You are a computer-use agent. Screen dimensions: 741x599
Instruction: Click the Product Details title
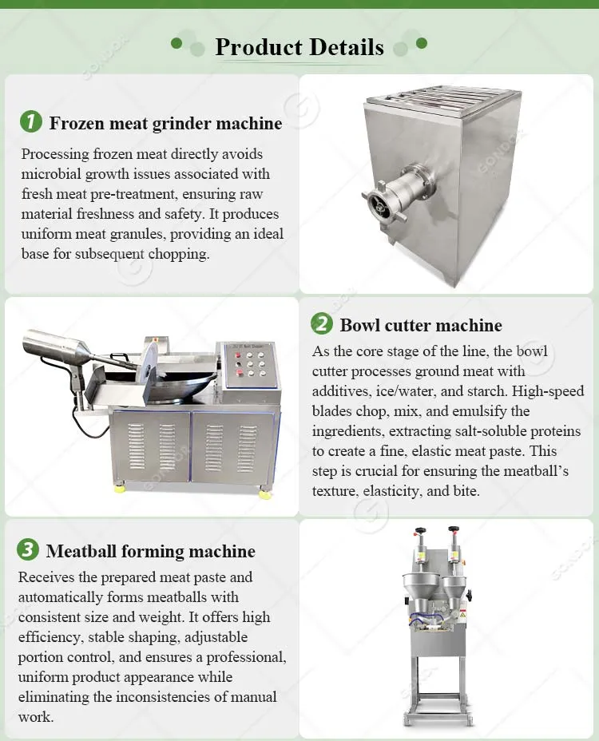(299, 47)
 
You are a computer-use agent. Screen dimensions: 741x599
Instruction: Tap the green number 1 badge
(30, 122)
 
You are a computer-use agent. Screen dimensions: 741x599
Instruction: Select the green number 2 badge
(321, 324)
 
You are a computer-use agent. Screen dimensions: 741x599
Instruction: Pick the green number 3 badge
(28, 550)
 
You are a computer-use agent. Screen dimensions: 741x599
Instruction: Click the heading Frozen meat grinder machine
(165, 123)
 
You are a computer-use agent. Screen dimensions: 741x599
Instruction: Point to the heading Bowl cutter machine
(420, 325)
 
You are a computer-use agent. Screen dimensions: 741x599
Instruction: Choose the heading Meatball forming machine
(150, 551)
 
